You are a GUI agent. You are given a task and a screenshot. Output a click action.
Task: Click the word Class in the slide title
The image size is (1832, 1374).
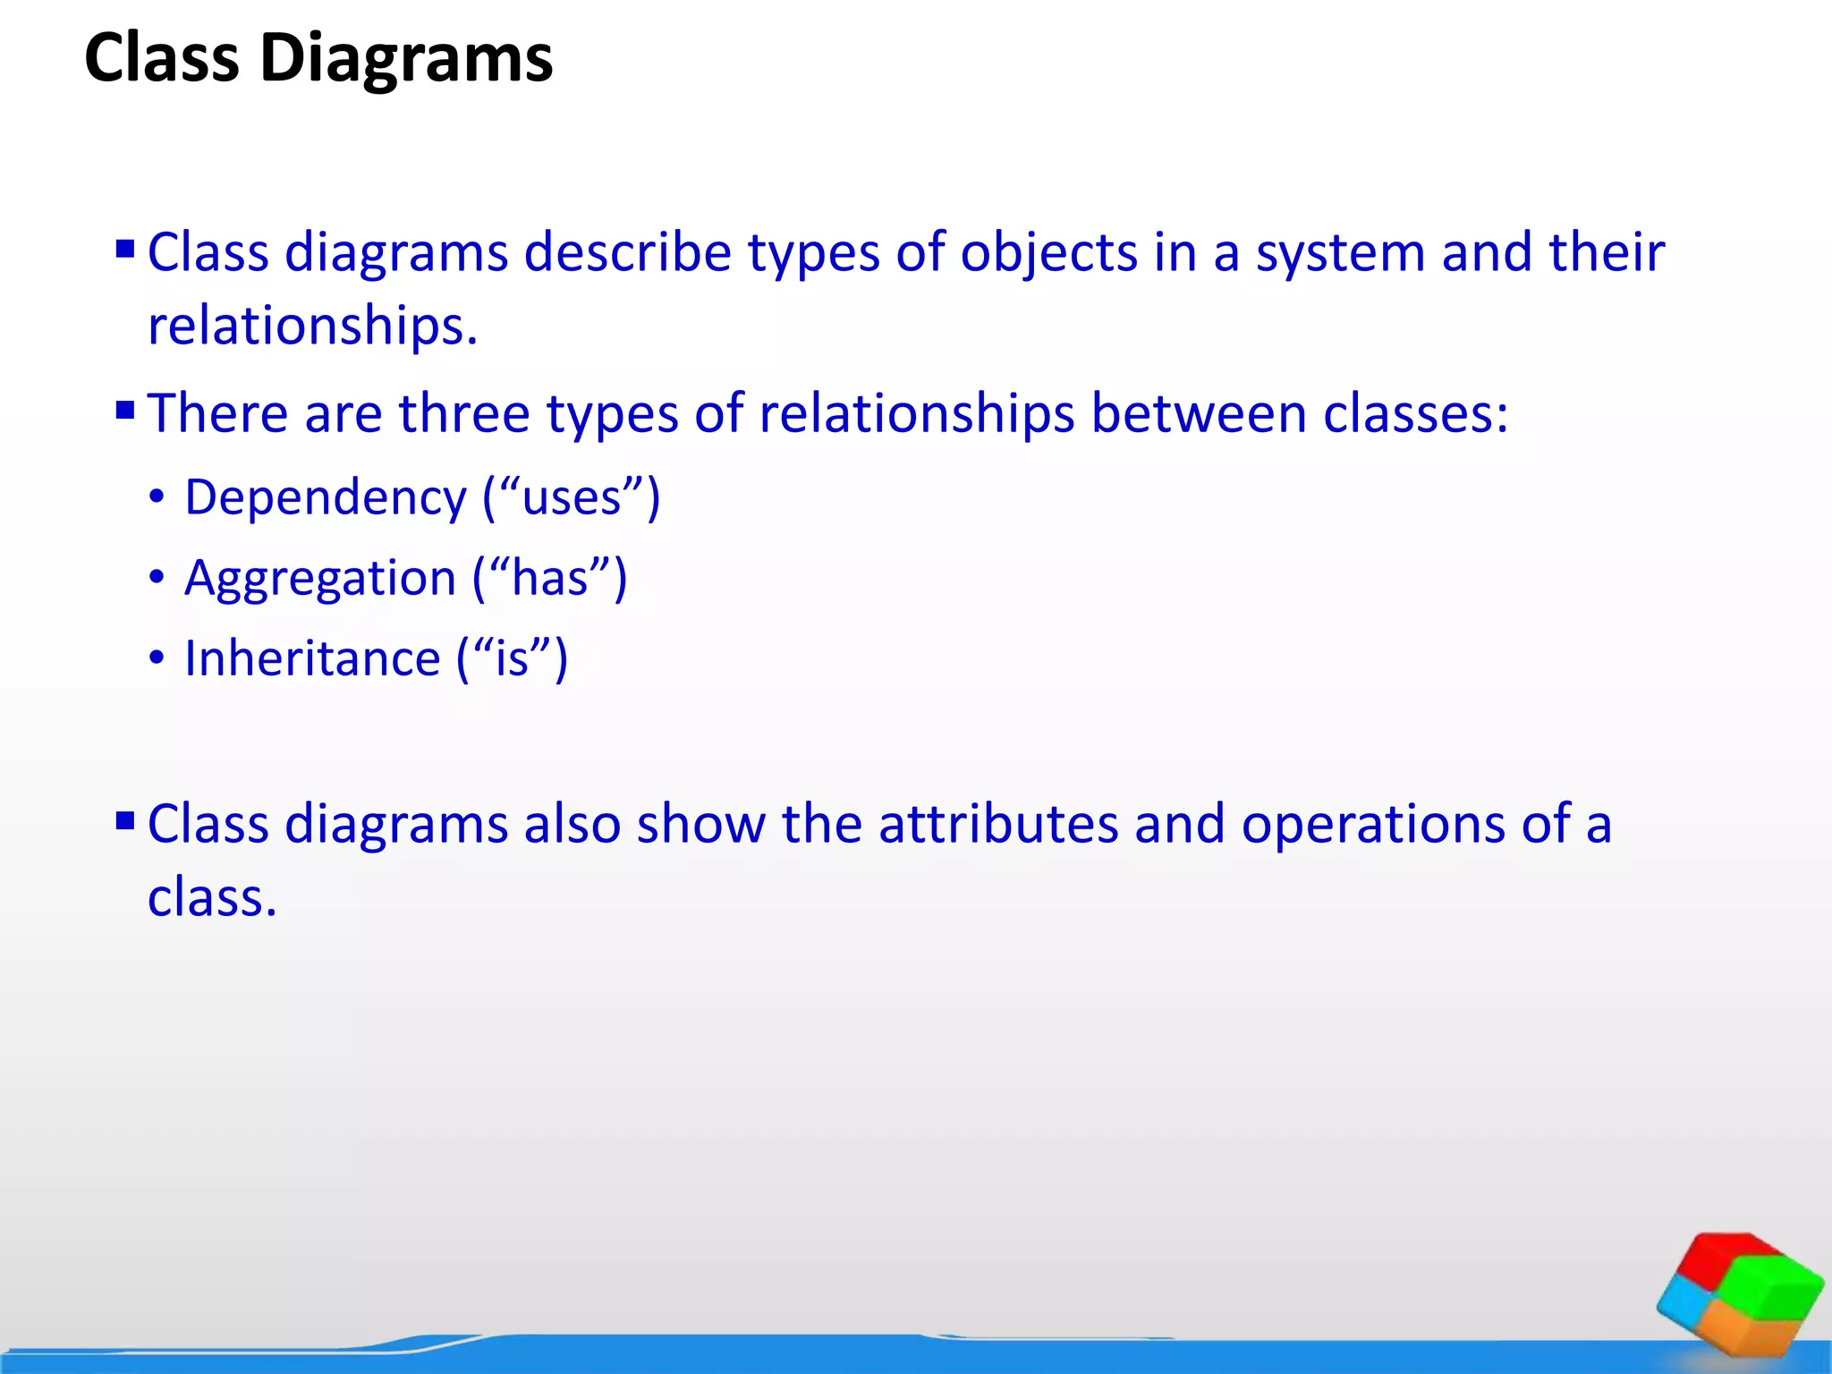[162, 59]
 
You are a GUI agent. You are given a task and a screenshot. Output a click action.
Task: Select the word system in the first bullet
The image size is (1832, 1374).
[1341, 253]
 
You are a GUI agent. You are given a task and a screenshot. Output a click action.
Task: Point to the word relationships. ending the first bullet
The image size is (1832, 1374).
[313, 326]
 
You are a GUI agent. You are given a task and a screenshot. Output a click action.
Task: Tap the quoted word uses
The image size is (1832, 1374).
[572, 498]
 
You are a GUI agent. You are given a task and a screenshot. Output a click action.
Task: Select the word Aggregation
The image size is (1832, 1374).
[320, 579]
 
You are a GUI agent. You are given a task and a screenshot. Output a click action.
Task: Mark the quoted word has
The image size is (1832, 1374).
[549, 579]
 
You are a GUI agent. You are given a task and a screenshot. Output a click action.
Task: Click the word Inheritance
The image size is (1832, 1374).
[312, 659]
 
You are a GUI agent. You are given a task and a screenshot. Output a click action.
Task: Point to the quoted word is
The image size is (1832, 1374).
[512, 659]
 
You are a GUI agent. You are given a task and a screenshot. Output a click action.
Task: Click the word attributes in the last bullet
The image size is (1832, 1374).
[998, 824]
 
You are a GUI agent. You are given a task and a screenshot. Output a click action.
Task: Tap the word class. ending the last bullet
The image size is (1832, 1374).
[212, 897]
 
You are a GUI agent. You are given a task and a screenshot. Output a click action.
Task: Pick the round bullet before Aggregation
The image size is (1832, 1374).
[157, 578]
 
